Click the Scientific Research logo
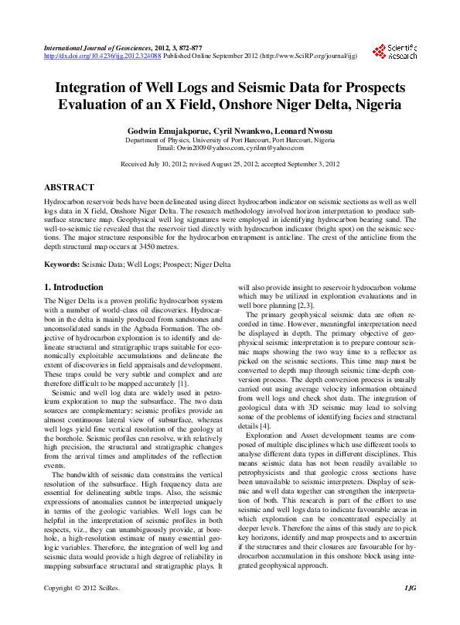click(x=394, y=52)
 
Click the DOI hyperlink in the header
click(x=102, y=56)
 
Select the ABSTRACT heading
click(x=69, y=187)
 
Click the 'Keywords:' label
click(x=62, y=265)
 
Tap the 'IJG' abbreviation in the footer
click(x=410, y=610)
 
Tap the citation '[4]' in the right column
click(x=264, y=425)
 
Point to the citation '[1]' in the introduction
click(x=182, y=384)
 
